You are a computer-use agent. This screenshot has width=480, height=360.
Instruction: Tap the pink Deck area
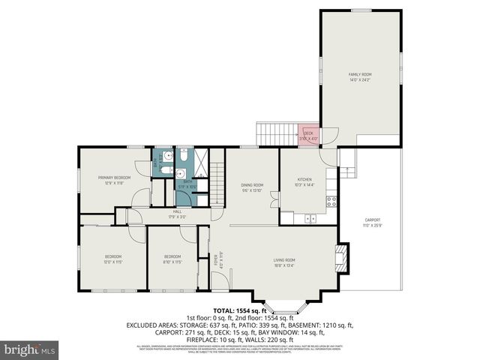coord(308,135)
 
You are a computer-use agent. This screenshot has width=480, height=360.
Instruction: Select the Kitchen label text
coord(304,181)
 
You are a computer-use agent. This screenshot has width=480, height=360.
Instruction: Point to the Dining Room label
coord(252,187)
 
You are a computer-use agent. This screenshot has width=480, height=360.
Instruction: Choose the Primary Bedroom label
coord(114,179)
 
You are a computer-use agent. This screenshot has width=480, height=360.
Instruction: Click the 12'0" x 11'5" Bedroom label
coord(113,259)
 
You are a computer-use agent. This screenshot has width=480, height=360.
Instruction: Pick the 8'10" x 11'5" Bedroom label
coord(172,259)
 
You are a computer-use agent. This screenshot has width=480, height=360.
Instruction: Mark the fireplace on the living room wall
coord(341,257)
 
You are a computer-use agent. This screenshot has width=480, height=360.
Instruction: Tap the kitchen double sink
coord(310,218)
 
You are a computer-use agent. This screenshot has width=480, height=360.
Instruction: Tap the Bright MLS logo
coord(30,349)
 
